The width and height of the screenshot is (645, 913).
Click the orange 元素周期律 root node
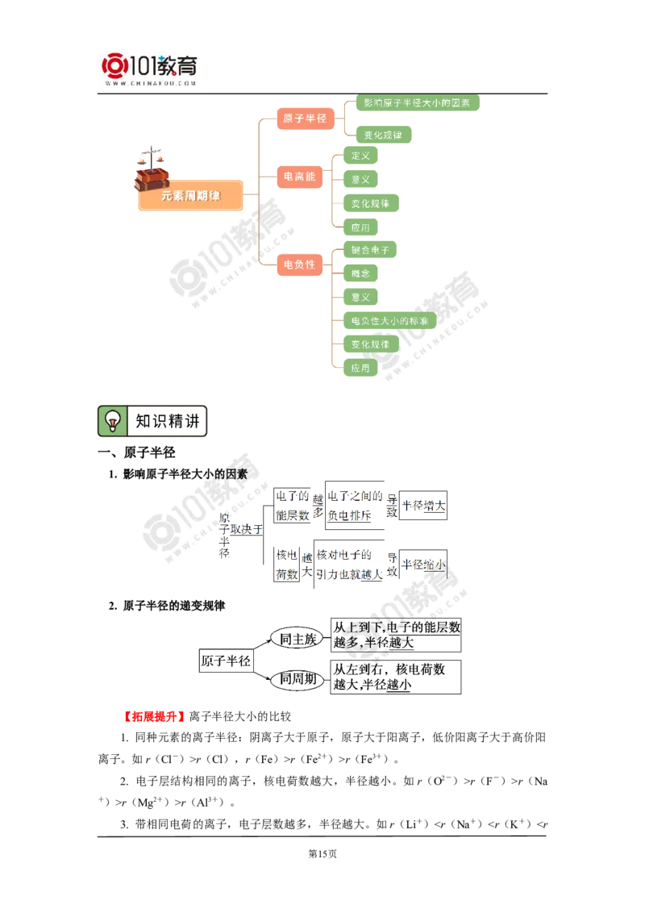190,196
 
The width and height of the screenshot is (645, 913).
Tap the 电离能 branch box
299,176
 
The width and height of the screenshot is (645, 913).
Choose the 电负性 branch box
299,264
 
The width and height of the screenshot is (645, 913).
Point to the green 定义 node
360,156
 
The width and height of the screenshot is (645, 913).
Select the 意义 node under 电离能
360,179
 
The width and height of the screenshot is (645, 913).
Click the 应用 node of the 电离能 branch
360,227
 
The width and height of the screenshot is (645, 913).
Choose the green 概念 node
360,273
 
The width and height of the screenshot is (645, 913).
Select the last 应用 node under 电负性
360,368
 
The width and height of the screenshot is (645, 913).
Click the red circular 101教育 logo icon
113,65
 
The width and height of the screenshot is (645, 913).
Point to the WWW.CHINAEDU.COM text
150,83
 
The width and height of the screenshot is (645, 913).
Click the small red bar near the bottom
154,716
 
